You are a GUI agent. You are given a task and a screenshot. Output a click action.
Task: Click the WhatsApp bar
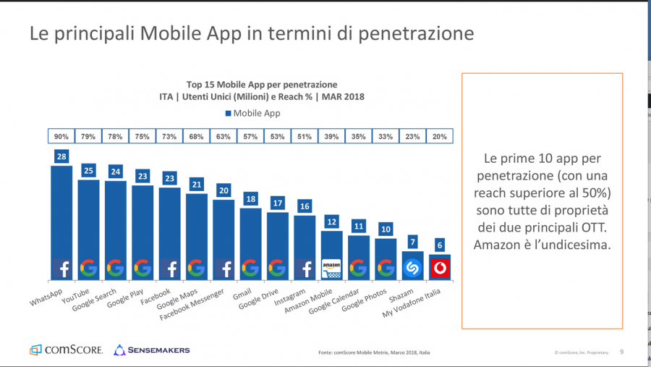click(61, 217)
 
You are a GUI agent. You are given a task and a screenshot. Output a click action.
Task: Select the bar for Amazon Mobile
click(331, 250)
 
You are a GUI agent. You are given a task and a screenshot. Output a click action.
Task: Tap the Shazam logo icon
click(412, 268)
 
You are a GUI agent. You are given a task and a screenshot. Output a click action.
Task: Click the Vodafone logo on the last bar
click(439, 268)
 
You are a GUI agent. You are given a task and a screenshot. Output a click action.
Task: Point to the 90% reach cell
click(61, 135)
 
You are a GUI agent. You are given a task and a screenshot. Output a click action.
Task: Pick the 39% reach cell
click(331, 135)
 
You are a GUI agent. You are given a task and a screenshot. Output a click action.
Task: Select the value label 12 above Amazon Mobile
click(331, 222)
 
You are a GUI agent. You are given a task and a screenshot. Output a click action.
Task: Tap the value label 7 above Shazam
click(412, 242)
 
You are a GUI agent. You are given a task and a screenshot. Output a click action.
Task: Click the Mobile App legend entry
click(252, 113)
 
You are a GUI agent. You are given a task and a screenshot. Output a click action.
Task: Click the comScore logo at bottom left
click(67, 350)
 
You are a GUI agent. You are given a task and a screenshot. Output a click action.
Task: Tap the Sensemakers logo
click(152, 350)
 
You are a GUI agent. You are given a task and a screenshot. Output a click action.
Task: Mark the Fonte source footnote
click(375, 353)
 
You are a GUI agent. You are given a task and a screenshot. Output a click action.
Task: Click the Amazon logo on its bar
click(331, 269)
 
